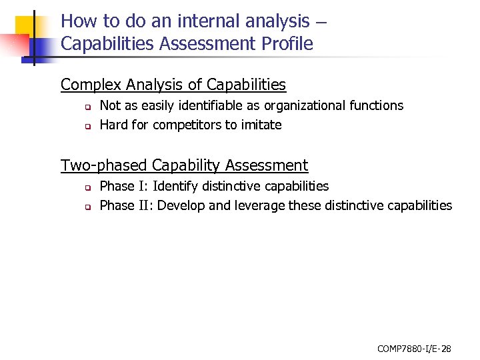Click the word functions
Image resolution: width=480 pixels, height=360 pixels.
coord(377,105)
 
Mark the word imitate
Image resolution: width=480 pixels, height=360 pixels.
coord(259,125)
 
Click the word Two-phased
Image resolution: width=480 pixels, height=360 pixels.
coord(103,165)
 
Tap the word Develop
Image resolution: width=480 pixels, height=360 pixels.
coord(181,205)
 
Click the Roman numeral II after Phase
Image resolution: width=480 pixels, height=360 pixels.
coord(145,205)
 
